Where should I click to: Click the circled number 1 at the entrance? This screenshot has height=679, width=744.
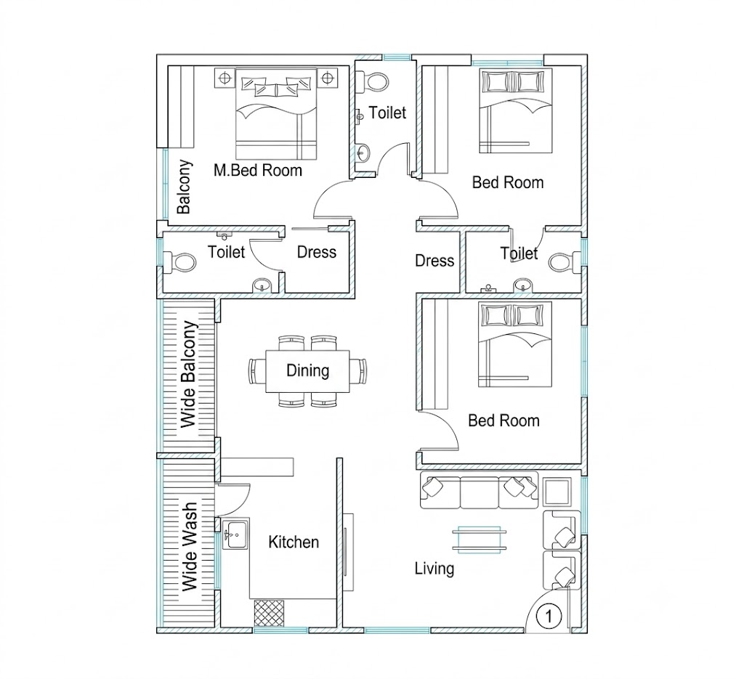pos(549,616)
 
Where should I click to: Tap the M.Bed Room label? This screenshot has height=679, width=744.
pos(258,170)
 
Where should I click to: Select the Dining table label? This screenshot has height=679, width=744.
pos(307,370)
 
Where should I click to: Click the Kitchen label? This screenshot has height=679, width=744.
pos(294,542)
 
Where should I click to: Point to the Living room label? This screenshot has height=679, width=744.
pos(434,569)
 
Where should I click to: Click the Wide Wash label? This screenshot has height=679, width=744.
pos(190,547)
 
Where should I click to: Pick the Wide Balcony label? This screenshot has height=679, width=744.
pos(189,374)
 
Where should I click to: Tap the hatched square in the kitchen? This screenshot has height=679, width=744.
pos(269,613)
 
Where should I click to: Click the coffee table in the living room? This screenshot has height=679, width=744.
pos(480,540)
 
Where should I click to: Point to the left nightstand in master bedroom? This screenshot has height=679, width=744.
pos(225,77)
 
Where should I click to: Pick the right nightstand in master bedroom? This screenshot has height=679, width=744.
pos(327,77)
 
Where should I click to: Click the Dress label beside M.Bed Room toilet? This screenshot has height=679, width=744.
pos(317,252)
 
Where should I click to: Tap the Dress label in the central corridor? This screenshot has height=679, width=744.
pos(434,261)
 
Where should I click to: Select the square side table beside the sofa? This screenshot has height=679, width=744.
pos(557,492)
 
